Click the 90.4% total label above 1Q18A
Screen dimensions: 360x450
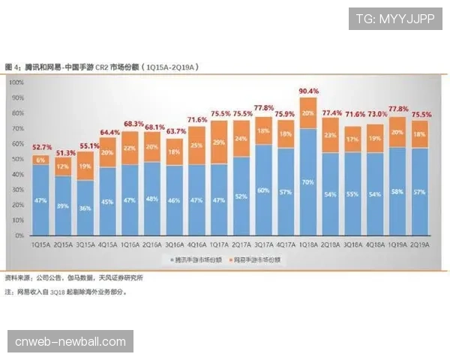point(307,91)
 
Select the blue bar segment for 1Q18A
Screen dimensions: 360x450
point(307,182)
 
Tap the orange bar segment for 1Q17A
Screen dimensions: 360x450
point(219,142)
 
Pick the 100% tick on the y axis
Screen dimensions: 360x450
point(16,82)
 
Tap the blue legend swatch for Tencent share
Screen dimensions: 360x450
point(169,258)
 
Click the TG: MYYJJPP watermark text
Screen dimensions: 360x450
point(395,19)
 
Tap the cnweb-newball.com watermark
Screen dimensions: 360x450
point(70,342)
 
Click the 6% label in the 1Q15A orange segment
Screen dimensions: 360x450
point(42,160)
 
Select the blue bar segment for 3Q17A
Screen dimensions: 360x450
point(263,190)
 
